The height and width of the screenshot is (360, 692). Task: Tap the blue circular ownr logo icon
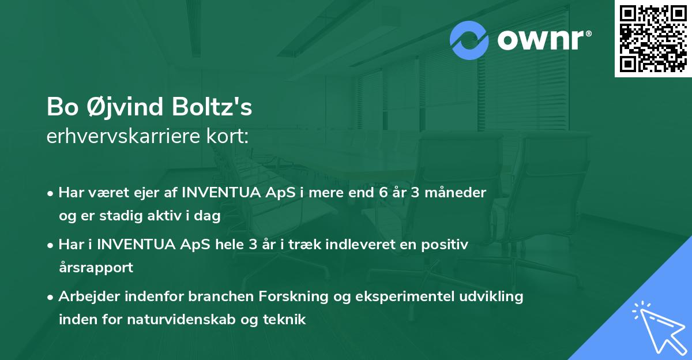pos(469,40)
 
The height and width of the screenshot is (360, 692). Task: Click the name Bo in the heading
pos(60,107)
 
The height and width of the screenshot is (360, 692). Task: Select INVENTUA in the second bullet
pos(132,244)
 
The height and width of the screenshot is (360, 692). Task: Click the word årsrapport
pos(96,268)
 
